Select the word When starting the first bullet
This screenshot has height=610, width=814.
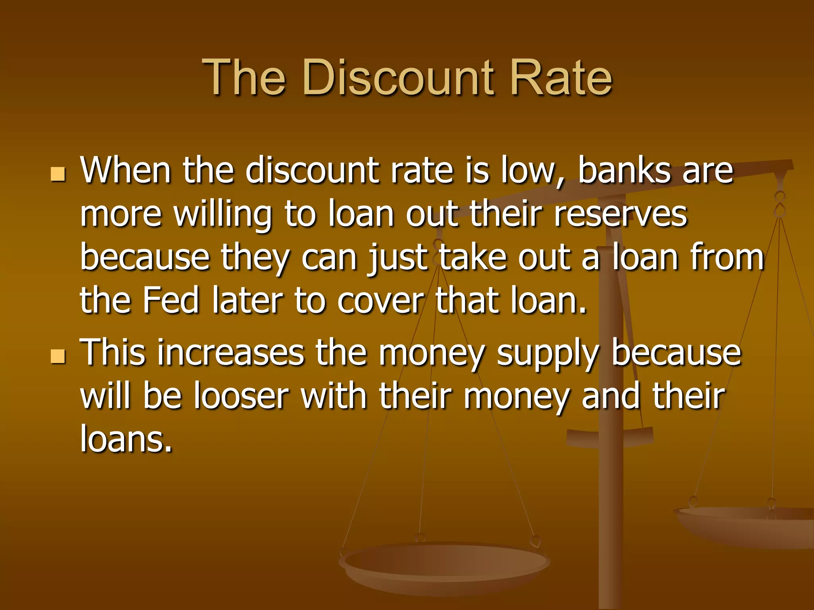125,171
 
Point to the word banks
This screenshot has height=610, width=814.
624,171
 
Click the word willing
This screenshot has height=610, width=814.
223,215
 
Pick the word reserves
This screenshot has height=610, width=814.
620,214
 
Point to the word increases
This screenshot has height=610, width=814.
231,352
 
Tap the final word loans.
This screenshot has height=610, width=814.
126,438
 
